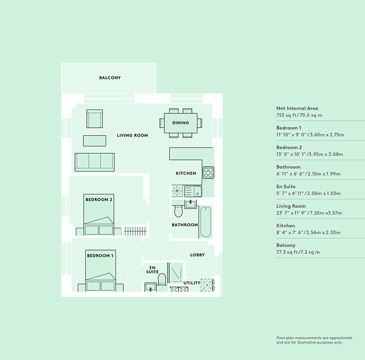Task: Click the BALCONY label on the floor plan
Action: tap(110, 78)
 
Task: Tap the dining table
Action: tap(181, 123)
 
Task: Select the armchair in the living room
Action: tap(95, 119)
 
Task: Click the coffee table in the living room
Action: tap(95, 141)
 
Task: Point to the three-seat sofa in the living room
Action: tap(95, 162)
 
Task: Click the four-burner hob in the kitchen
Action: tap(208, 173)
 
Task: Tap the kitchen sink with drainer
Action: tap(193, 191)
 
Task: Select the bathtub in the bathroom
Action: tap(206, 222)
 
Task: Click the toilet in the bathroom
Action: tap(179, 211)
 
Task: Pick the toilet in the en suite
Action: tap(162, 279)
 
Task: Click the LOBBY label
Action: tap(197, 255)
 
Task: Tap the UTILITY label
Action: tap(192, 283)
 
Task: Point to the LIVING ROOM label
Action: tap(133, 136)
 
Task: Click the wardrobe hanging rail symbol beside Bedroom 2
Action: tap(135, 231)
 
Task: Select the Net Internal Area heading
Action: tap(297, 108)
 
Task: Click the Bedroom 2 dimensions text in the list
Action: tap(310, 154)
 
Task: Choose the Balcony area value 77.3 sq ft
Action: tap(286, 252)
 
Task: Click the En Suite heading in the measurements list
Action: tap(286, 186)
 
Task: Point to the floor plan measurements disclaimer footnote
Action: tap(314, 340)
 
